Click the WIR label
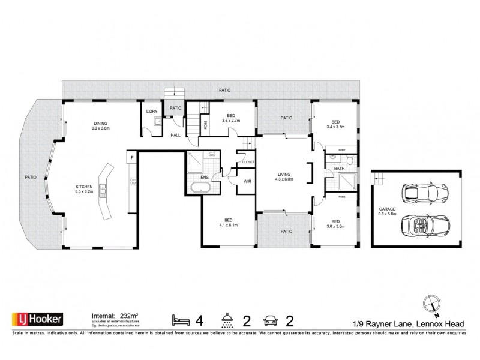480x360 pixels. (246, 181)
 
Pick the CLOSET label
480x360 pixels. (248, 161)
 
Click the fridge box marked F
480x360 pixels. (130, 157)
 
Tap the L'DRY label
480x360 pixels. (152, 112)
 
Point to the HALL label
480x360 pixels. (175, 135)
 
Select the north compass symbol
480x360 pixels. (432, 303)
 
